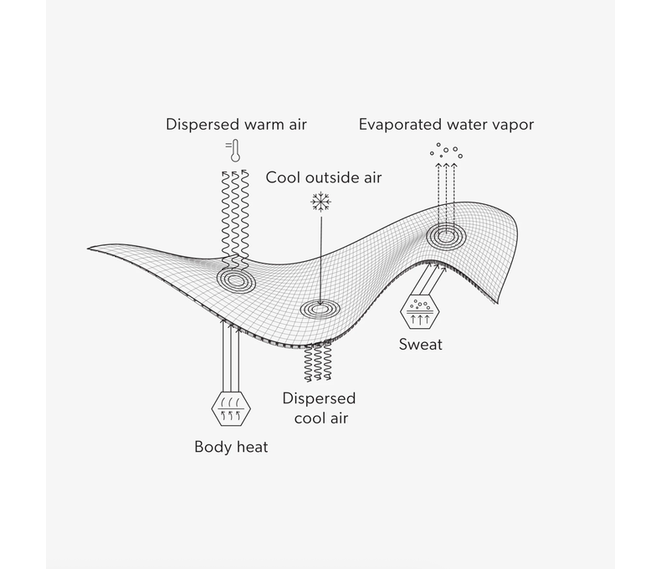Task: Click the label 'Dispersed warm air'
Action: pos(236,125)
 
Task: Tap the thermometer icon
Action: pos(235,151)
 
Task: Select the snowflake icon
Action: pos(320,202)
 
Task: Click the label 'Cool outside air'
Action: pos(323,177)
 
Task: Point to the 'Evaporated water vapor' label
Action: pos(446,125)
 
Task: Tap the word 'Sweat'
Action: pos(420,344)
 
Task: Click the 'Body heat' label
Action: pos(231,447)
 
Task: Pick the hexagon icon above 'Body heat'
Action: pos(231,408)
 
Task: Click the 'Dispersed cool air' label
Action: pos(319,408)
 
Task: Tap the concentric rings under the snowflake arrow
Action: pos(320,309)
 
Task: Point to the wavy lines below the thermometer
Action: pos(235,213)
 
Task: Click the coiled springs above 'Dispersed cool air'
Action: pos(319,362)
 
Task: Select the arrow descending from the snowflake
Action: pos(320,255)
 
